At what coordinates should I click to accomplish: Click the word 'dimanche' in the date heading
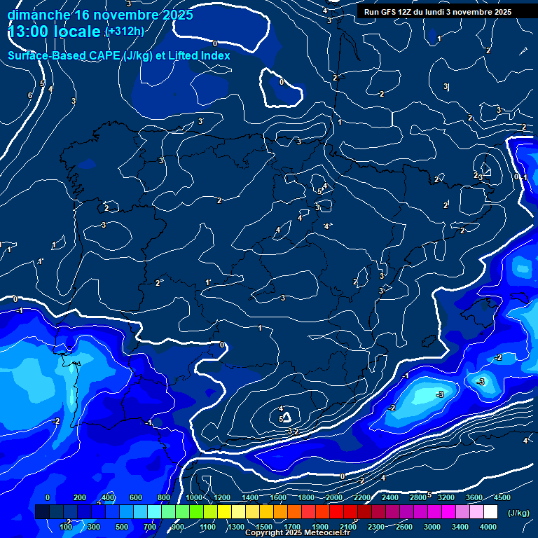coord(38,15)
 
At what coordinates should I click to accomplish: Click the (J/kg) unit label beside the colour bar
coord(518,513)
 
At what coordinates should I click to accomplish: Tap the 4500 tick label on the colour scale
coord(502,497)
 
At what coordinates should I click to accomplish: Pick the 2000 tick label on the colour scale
coord(334,497)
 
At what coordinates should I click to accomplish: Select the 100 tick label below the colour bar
coord(66,527)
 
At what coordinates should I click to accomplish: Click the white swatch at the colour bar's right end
coord(490,512)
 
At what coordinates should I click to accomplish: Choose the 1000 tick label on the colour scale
coord(194,497)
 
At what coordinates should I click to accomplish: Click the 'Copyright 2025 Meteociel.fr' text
coord(297,533)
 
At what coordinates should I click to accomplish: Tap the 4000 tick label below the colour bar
coord(488,527)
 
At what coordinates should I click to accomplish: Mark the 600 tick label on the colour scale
coord(136,497)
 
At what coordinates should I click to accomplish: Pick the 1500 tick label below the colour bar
coord(264,527)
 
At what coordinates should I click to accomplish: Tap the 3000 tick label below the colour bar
coord(432,527)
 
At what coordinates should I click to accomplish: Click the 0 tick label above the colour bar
coord(48,497)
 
